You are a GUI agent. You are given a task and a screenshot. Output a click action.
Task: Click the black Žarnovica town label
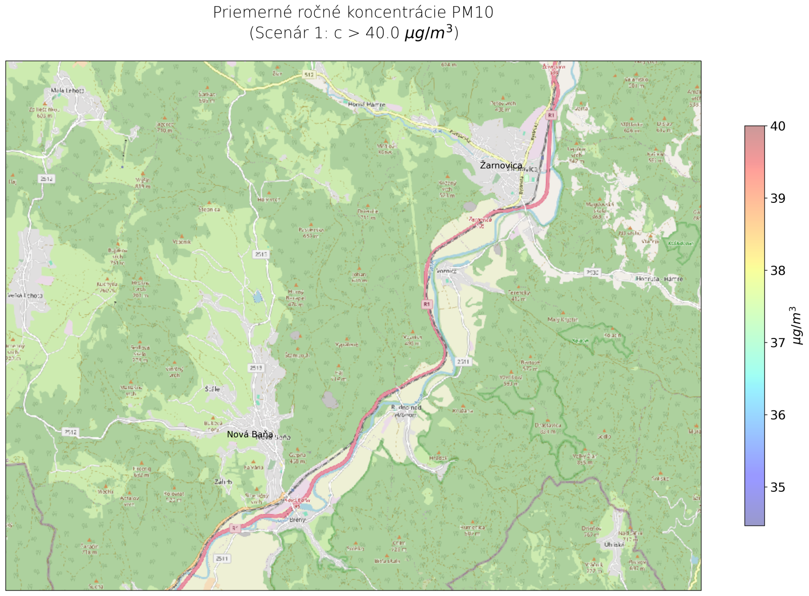click(x=501, y=165)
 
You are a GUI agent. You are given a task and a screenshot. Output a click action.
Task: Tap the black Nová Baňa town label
click(x=250, y=435)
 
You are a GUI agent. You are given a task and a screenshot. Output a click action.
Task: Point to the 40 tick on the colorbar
click(x=778, y=126)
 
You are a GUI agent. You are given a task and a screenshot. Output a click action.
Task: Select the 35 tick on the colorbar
click(x=778, y=488)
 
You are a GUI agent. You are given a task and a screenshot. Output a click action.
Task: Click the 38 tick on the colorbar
click(x=778, y=271)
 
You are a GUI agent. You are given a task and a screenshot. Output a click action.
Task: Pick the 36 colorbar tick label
click(x=778, y=415)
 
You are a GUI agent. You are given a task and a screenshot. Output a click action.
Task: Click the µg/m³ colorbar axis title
click(x=797, y=325)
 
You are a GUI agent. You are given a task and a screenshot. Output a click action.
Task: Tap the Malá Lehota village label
click(x=68, y=91)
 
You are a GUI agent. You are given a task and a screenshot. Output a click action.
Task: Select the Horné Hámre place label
click(x=367, y=105)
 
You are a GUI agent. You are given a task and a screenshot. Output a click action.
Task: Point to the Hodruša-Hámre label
click(x=659, y=279)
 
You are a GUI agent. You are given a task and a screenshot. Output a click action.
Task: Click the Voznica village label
click(x=446, y=271)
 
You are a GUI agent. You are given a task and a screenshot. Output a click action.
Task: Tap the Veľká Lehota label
click(x=25, y=295)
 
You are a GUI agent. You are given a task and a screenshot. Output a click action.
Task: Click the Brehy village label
click(x=298, y=520)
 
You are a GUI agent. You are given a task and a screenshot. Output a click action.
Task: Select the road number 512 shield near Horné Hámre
click(x=309, y=74)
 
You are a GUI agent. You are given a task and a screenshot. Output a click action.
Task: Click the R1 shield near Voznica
click(x=427, y=304)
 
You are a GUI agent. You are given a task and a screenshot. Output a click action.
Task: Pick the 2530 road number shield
click(x=592, y=272)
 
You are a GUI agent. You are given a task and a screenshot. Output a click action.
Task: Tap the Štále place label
click(x=212, y=389)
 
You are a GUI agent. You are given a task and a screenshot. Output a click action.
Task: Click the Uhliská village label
click(x=615, y=545)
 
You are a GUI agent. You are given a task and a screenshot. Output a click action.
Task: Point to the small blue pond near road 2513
click(x=258, y=296)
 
